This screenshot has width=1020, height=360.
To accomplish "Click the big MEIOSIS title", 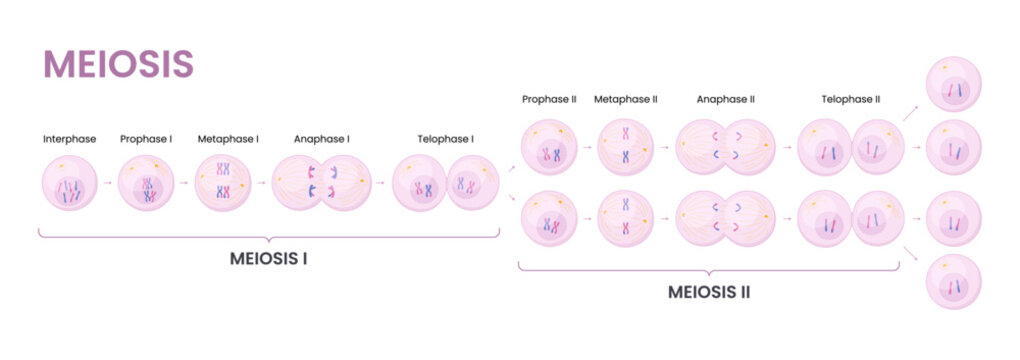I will tap(118, 63).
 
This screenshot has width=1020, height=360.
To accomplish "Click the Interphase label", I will tap(70, 139).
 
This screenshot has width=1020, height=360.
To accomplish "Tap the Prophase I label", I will tap(146, 139).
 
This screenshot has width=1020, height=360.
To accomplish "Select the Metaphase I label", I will tap(228, 139).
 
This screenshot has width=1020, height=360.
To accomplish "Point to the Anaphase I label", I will tap(321, 139).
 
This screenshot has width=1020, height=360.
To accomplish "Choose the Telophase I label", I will tap(446, 139).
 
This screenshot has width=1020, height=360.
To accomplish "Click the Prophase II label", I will tap(548, 99).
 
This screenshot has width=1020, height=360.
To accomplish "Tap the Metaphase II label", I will tap(626, 99).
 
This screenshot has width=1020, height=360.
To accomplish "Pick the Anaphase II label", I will tap(726, 99).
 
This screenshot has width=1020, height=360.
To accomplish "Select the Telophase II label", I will tap(851, 99).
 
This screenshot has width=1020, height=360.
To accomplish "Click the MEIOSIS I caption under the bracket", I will tap(268, 258).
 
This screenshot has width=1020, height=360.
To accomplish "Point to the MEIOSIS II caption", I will tap(709, 292).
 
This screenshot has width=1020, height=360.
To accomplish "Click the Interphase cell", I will tap(70, 184).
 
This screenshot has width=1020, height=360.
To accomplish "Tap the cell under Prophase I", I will tap(147, 184).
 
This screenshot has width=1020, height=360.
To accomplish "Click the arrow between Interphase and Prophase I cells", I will tap(108, 184).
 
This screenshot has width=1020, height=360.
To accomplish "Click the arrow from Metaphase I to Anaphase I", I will tap(262, 184).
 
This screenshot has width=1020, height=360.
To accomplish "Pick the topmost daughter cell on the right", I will tap(954, 85).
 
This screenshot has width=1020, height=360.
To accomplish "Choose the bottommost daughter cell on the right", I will tap(954, 282).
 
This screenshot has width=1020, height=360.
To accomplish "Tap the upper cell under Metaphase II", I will tap(626, 147).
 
